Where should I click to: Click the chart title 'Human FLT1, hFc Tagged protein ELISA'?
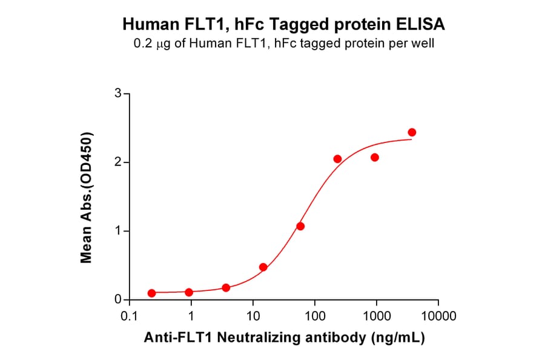[x=284, y=25]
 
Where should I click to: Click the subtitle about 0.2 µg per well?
[x=284, y=44]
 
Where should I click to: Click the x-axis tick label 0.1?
[x=129, y=316]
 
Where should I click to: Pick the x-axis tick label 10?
[x=253, y=316]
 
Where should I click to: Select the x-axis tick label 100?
[x=315, y=316]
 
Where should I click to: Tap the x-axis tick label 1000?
[x=377, y=316]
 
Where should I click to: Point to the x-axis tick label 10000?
[x=438, y=316]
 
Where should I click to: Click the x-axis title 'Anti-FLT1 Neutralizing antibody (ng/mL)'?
[x=284, y=338]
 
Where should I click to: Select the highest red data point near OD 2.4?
[x=412, y=132]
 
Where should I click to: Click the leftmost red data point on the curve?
[x=151, y=293]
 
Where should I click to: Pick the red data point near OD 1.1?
[x=300, y=226]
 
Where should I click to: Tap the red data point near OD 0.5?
[x=263, y=267]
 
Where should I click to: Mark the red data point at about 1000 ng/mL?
[x=375, y=158]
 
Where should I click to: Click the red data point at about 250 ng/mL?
[x=337, y=159]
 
